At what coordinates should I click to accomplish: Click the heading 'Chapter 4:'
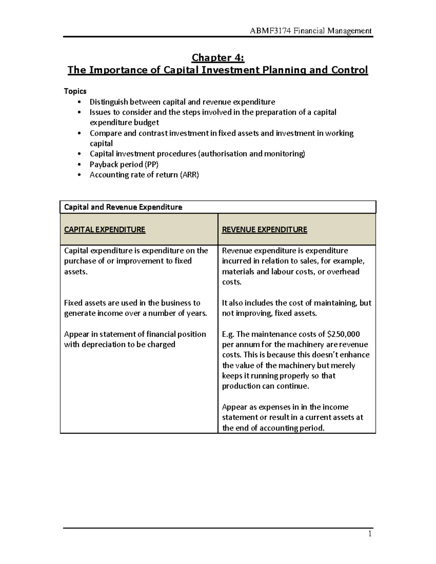218,58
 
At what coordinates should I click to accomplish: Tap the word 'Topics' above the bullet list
75,91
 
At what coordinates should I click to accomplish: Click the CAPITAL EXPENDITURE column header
105,230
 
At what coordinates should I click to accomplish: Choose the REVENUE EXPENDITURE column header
265,230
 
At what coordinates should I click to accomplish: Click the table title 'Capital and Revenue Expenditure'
123,207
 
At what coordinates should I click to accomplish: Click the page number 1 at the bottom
370,534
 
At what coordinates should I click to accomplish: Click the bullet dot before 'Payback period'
79,165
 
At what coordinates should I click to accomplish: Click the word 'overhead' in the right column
343,272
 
